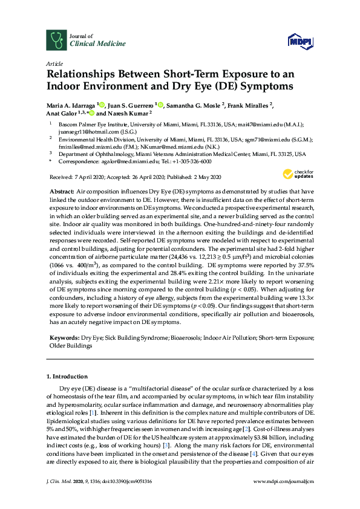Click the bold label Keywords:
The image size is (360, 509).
(x=64, y=337)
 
